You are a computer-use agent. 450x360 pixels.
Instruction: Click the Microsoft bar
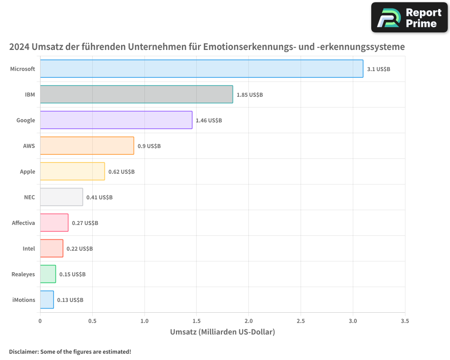(202, 69)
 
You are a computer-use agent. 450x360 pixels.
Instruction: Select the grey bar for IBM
(136, 94)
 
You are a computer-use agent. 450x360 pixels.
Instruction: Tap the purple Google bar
(116, 120)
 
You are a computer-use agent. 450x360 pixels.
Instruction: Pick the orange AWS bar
(87, 146)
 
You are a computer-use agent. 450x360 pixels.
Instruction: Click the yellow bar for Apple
(72, 171)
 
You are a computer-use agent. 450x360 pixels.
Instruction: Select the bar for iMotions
(47, 300)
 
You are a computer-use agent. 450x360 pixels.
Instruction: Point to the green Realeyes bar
(48, 274)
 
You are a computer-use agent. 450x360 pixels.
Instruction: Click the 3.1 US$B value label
(378, 69)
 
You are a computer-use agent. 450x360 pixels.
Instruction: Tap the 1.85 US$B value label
(249, 95)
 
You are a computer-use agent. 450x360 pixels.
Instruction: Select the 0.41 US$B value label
(99, 198)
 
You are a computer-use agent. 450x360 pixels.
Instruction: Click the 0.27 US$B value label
(85, 223)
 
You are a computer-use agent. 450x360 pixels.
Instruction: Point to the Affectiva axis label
(23, 223)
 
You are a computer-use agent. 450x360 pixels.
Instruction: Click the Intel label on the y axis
(29, 248)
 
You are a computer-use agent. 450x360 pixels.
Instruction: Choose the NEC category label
(29, 197)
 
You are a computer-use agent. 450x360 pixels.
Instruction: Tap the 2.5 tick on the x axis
(301, 321)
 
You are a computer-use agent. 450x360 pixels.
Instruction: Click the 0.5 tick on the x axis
(92, 321)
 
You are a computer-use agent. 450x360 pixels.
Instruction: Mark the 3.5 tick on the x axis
(405, 321)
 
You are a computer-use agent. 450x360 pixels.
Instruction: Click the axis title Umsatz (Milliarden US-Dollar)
(222, 332)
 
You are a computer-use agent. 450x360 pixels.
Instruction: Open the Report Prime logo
(409, 18)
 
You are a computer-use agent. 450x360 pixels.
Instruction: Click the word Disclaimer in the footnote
(23, 352)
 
